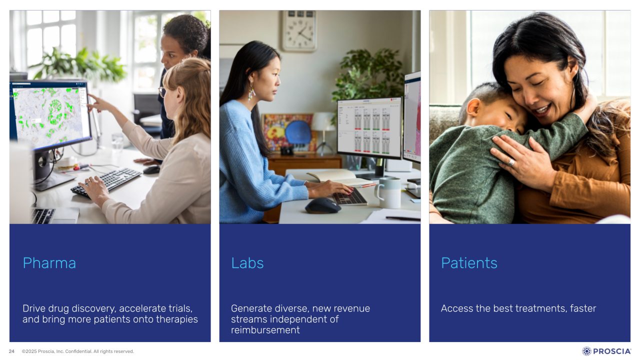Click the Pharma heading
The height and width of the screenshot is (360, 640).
pos(49,263)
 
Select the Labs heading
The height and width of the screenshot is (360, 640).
pos(247,263)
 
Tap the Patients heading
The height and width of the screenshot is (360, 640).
pos(469,263)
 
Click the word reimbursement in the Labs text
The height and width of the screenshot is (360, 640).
pos(265,330)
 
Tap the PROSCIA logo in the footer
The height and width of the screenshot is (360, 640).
pos(606,351)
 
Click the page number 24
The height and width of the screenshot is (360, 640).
pos(11,351)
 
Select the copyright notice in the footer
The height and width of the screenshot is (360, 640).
pos(77,351)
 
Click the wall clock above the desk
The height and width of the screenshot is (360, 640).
pos(299,30)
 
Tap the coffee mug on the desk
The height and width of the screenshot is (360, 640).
pos(388,192)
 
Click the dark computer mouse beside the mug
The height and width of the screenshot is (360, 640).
pos(323,205)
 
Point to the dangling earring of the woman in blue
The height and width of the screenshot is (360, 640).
pos(251,91)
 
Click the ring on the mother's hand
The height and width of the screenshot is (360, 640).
pos(511,162)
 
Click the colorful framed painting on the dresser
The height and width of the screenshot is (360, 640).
pos(289,133)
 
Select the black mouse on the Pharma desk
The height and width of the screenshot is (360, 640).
pos(151,169)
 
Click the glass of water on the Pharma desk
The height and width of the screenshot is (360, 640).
pos(117,141)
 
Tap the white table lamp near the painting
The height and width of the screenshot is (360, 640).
pos(323,133)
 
